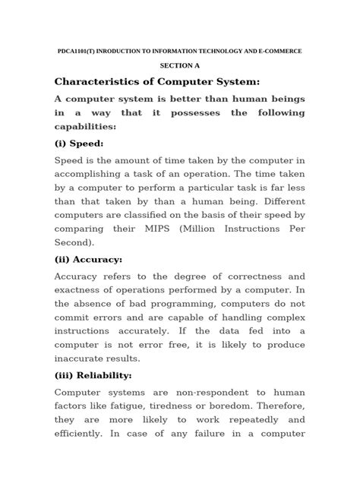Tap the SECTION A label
[x=179, y=66]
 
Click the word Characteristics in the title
[x=101, y=82]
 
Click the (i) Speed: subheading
[x=79, y=144]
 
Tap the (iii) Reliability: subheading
[x=93, y=375]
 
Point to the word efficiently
[x=84, y=436]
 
